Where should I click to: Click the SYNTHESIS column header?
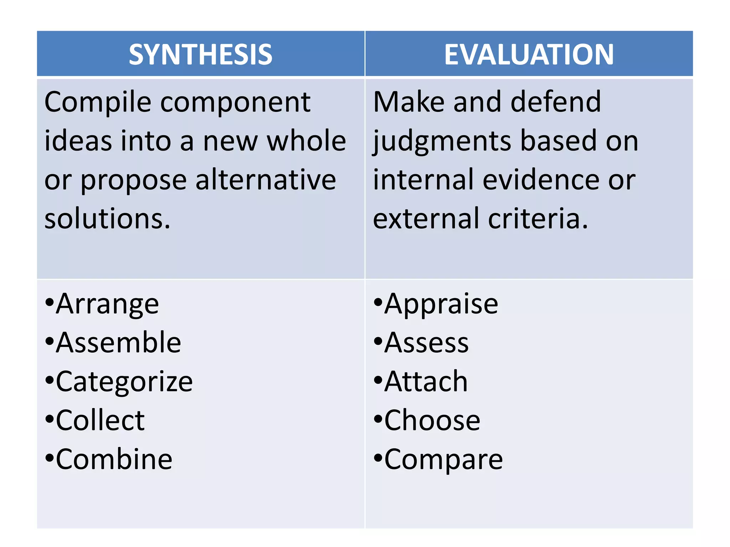pos(201,54)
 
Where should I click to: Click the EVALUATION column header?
pos(529,54)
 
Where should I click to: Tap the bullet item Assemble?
pos(118,343)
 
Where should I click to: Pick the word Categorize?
pos(124,382)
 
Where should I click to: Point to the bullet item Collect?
pos(100,421)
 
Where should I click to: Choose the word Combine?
pos(114,459)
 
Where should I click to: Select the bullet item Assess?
pos(426,343)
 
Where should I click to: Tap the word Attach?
pos(426,382)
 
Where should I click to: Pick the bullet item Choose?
pos(432,421)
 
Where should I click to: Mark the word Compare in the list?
pos(443,459)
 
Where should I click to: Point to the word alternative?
pos(266,180)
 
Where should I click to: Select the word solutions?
pos(107,219)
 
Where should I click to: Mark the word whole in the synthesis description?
pos(307,141)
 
